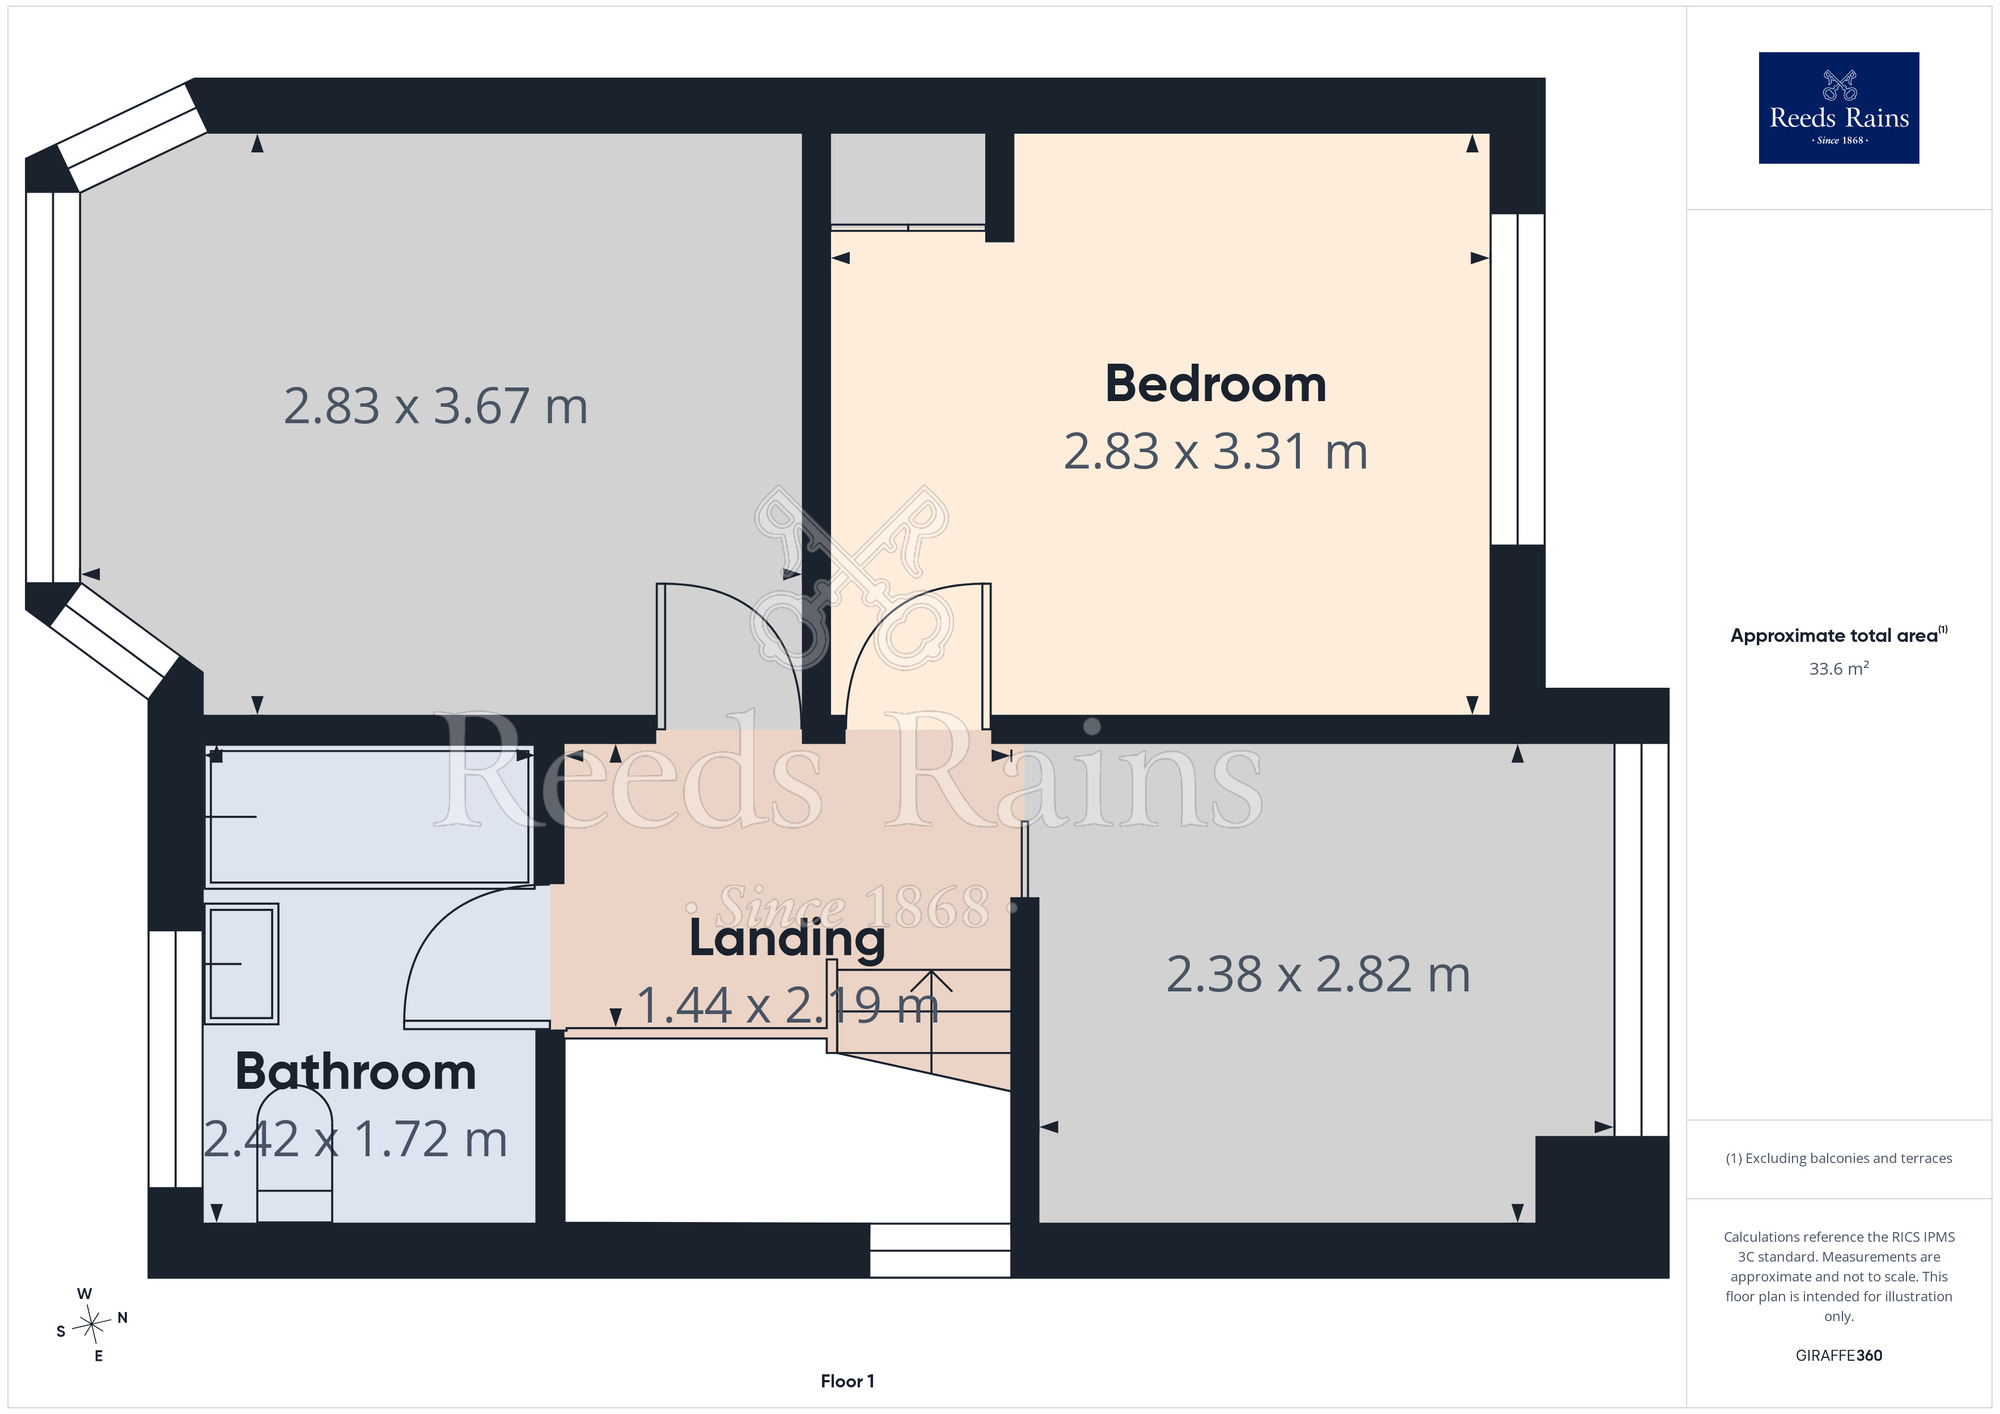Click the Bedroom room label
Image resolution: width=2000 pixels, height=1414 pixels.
1215,384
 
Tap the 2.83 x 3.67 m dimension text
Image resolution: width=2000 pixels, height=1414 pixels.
436,407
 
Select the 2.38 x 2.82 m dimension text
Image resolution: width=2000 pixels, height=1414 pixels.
1318,975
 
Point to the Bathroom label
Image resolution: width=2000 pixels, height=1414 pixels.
355,1072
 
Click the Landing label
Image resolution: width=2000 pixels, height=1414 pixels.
787,939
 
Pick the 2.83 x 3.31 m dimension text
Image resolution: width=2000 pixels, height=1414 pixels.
1215,452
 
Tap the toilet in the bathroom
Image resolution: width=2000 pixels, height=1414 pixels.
295,1154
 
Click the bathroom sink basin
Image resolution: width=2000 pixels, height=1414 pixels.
241,964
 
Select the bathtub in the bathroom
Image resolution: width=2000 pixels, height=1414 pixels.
369,816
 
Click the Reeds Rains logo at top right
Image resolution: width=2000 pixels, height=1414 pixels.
1838,108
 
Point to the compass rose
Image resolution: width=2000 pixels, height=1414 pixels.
92,1325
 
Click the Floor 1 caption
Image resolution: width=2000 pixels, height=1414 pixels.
847,1381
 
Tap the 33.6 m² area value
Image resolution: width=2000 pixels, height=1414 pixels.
1838,668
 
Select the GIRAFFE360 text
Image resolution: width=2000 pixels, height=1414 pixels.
1838,1356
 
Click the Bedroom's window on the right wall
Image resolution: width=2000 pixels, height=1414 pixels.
1517,379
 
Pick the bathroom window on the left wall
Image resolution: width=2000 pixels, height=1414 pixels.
176,1059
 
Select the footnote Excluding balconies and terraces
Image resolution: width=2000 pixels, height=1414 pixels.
1838,1158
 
